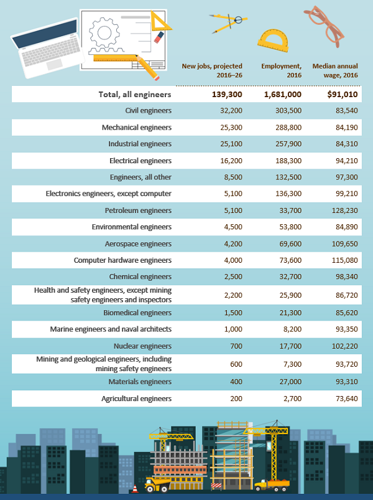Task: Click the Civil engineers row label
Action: (148, 111)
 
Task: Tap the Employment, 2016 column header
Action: (281, 70)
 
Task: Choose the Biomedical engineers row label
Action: (139, 313)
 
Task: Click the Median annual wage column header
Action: (335, 70)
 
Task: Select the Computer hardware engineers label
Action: (122, 260)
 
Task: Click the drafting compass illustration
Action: (228, 23)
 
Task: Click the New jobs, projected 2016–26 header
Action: (211, 70)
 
